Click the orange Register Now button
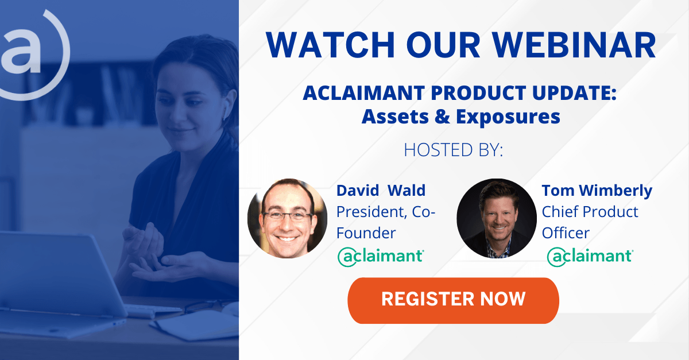(x=453, y=300)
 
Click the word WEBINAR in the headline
(x=574, y=45)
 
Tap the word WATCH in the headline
(x=331, y=45)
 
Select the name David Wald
(x=381, y=190)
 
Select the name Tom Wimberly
(x=597, y=191)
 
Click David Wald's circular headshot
(x=287, y=218)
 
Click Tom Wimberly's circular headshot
(x=497, y=218)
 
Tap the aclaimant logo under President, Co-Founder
(x=381, y=256)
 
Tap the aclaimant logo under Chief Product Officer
(x=590, y=256)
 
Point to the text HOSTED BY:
(x=454, y=150)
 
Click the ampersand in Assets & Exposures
(x=442, y=117)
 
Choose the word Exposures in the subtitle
(x=508, y=118)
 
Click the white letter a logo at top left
(x=20, y=51)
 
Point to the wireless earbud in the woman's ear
(x=226, y=110)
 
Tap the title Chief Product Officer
(x=590, y=222)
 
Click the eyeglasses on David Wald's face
(x=287, y=216)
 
